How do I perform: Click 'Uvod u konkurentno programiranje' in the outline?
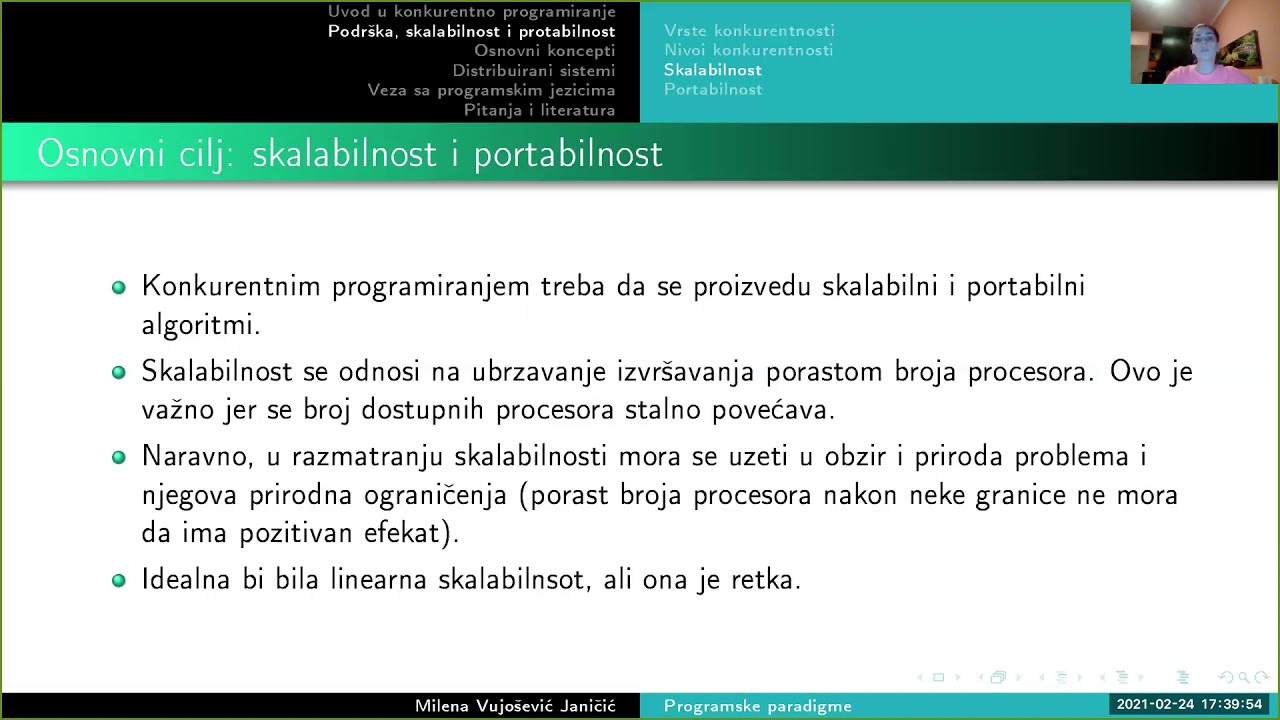tap(471, 12)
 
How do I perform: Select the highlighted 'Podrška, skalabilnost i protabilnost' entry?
tap(471, 32)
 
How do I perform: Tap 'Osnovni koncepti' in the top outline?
tap(544, 51)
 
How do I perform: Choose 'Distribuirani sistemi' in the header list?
tap(533, 71)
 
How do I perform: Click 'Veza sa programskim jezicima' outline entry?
tap(491, 90)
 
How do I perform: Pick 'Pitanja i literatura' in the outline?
tap(539, 110)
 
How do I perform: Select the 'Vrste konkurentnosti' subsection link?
tap(749, 31)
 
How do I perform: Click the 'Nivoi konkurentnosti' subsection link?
tap(748, 50)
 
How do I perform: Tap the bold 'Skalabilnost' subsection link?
tap(713, 70)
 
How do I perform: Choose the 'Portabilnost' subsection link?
tap(713, 89)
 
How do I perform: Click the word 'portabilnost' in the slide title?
tap(567, 154)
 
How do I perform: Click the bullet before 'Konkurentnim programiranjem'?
tap(119, 288)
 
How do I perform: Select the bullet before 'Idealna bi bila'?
tap(119, 580)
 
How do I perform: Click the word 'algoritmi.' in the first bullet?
tap(200, 325)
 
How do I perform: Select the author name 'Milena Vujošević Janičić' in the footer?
tap(515, 706)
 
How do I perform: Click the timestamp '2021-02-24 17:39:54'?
tap(1189, 705)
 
